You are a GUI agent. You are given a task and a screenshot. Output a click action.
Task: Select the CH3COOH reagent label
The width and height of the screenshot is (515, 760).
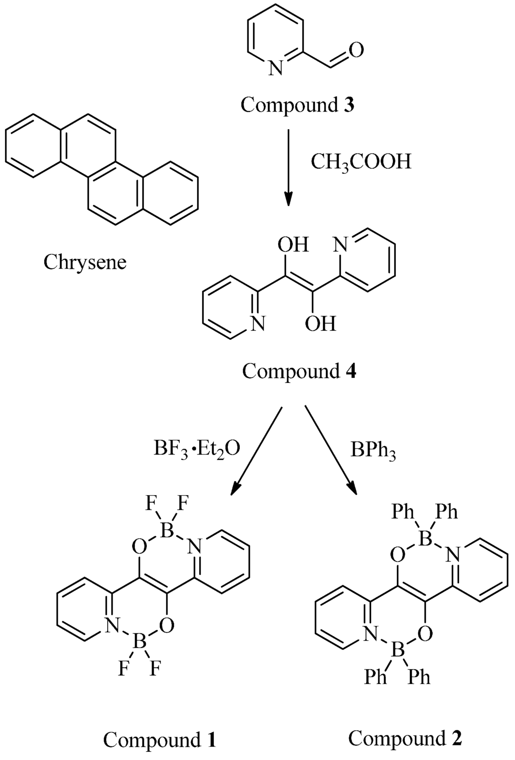[x=361, y=162]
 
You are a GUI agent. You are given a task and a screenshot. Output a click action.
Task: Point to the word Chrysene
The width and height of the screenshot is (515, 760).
[x=84, y=262]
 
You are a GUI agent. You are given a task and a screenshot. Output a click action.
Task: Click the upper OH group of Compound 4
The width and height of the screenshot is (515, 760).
[x=293, y=246]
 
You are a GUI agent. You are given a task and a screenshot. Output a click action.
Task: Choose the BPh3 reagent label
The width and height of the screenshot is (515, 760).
[x=374, y=452]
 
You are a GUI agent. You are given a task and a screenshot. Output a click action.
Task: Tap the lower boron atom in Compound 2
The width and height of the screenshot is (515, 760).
[x=398, y=653]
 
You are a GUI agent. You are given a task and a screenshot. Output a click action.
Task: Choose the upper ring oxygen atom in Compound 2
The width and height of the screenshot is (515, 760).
[x=398, y=555]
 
